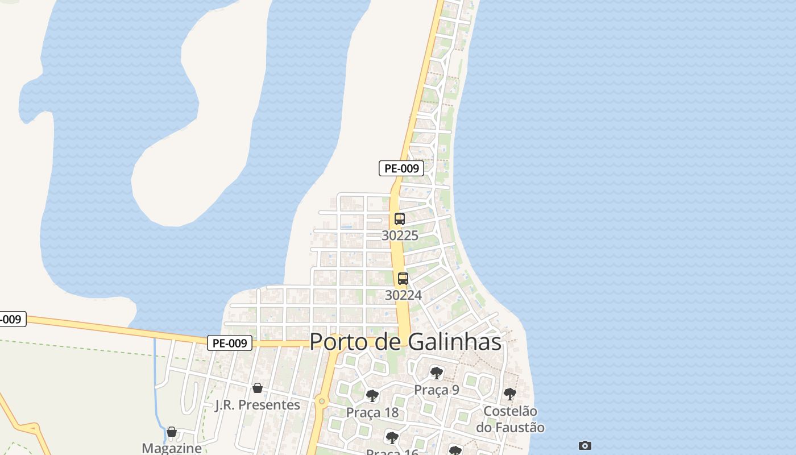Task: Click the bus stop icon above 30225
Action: (400, 219)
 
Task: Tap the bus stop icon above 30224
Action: (403, 279)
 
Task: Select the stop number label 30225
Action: (400, 235)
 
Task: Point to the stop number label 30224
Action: (403, 295)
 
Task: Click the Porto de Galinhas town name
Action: (405, 342)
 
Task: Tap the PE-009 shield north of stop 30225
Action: (401, 168)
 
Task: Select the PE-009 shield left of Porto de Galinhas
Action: (230, 343)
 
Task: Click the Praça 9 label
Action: (437, 390)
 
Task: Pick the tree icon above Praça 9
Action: (437, 373)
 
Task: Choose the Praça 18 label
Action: (372, 412)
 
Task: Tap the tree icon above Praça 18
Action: (372, 395)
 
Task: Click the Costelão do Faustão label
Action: (510, 419)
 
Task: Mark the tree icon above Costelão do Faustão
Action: (510, 394)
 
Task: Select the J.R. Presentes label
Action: (258, 405)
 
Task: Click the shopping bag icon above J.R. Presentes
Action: (258, 388)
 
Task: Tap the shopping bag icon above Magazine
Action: (172, 432)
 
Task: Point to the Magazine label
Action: (172, 448)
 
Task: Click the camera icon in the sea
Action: (585, 445)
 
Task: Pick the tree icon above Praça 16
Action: (392, 437)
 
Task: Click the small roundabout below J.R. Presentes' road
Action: (322, 402)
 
